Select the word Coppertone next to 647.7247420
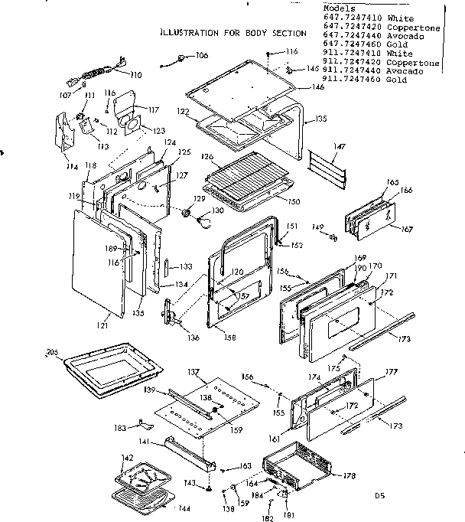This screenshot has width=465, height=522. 414,26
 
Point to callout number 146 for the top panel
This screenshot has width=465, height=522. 317,88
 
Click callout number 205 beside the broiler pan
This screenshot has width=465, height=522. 52,353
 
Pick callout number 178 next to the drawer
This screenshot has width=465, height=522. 350,476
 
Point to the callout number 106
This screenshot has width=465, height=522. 201,56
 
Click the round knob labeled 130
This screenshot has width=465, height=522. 203,223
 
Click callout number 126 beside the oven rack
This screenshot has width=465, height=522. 206,157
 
